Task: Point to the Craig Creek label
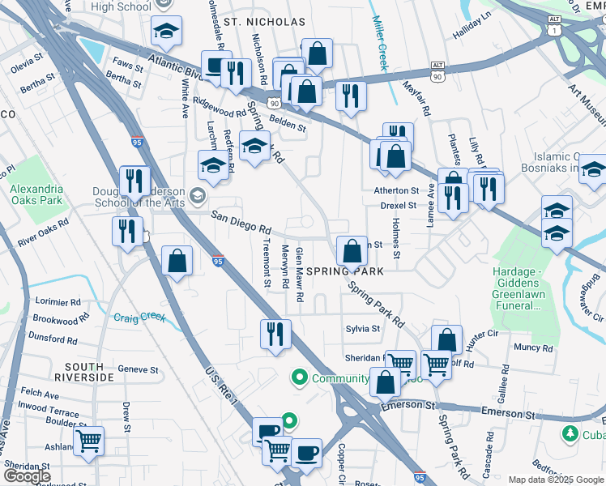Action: click(x=139, y=318)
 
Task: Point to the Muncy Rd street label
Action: click(x=533, y=348)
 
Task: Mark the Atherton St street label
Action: click(x=395, y=191)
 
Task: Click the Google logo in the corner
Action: click(x=28, y=476)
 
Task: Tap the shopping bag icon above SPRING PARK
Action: click(x=352, y=250)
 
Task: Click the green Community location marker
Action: click(x=299, y=378)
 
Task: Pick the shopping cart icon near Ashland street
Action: click(x=89, y=441)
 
